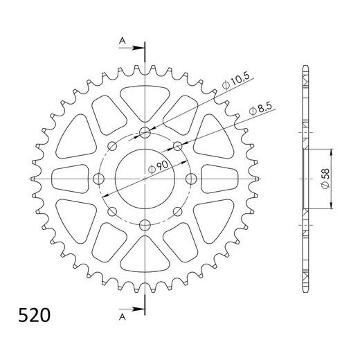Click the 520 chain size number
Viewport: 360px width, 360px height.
[x=33, y=316]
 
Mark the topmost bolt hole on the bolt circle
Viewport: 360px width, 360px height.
[x=145, y=134]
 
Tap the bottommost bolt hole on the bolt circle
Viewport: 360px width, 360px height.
[x=145, y=225]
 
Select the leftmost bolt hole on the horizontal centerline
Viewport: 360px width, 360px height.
[x=99, y=179]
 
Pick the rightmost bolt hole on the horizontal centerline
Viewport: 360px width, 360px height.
[x=191, y=179]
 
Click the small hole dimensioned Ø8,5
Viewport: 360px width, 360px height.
[x=178, y=146]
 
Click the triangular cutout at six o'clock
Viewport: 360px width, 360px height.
[x=145, y=260]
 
